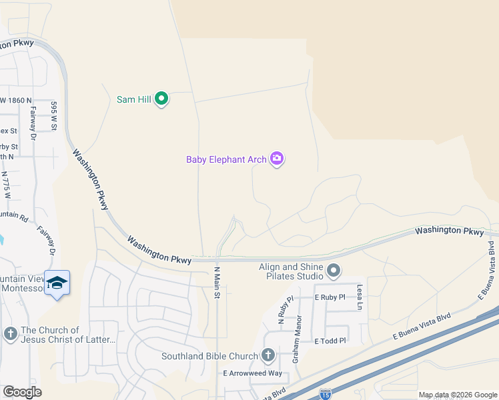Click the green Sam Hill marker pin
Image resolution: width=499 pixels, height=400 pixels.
(x=161, y=99)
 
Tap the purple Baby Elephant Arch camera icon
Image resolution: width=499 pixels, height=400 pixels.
(x=277, y=159)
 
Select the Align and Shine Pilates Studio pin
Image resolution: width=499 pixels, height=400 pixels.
(x=334, y=271)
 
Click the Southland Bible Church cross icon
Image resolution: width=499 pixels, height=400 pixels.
(x=268, y=355)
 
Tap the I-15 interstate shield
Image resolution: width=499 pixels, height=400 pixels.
(x=326, y=394)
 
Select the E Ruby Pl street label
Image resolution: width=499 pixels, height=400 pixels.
(x=330, y=297)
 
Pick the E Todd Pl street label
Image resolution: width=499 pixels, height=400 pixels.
(x=330, y=341)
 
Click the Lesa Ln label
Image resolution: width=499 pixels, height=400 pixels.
(x=360, y=297)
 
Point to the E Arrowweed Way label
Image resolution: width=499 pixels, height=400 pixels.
(x=253, y=373)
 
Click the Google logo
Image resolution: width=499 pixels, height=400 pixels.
(x=22, y=392)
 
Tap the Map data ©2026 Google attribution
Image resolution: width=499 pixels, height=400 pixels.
(x=457, y=395)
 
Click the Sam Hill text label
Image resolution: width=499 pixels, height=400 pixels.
(x=133, y=99)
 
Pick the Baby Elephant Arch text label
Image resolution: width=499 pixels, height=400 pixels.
(x=226, y=159)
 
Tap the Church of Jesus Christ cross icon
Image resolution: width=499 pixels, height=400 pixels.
(x=10, y=333)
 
